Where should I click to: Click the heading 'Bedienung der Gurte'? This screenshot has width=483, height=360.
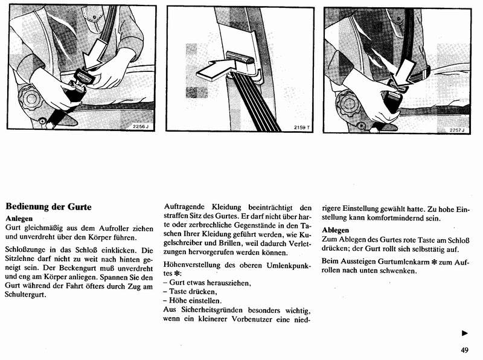pos(48,207)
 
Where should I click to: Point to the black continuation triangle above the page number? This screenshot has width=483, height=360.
pos(464,333)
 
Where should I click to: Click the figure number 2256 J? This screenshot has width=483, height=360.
pos(140,126)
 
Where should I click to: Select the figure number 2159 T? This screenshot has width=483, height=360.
pos(302,127)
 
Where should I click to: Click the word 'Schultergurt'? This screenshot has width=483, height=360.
pos(27,295)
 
